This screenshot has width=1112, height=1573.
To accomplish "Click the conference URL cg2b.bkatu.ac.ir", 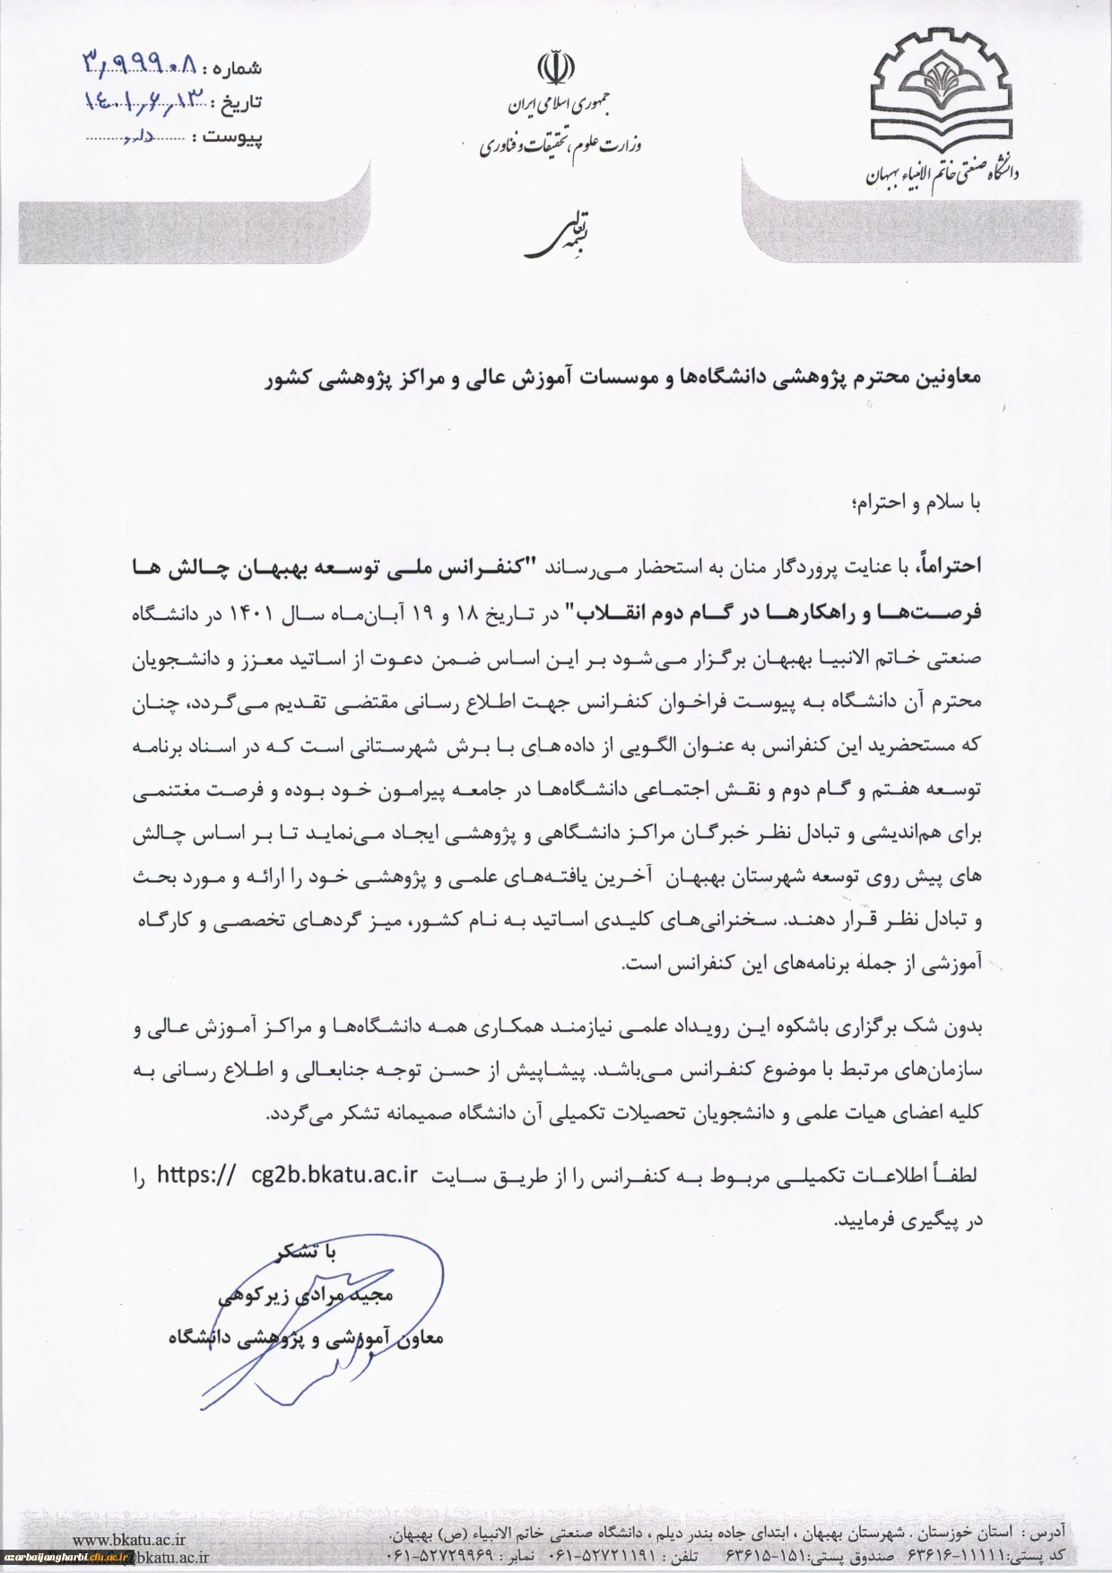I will pos(336,1175).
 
